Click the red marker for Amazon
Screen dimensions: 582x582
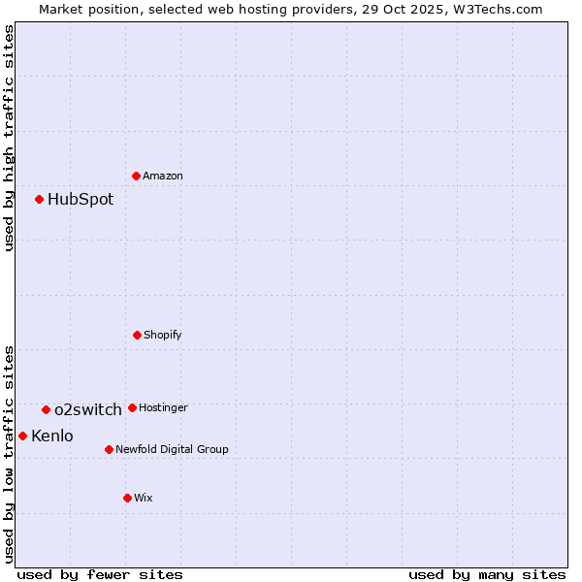click(137, 176)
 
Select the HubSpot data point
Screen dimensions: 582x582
click(40, 199)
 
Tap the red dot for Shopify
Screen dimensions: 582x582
click(137, 335)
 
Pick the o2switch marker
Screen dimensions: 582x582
click(46, 409)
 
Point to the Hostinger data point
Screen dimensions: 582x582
click(132, 407)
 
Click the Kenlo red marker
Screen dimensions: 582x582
click(22, 436)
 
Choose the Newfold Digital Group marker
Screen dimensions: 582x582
click(109, 449)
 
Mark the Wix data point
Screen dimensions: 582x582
click(127, 498)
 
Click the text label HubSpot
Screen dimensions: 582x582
click(81, 199)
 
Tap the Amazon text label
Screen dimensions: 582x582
click(163, 176)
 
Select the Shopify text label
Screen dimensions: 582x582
click(163, 335)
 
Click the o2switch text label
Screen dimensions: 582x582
click(88, 409)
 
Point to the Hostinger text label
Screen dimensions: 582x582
click(163, 407)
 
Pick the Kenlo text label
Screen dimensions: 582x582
click(52, 436)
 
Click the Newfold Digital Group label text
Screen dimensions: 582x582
click(172, 449)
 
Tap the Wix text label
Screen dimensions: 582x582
click(144, 498)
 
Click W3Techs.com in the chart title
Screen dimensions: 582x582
click(500, 9)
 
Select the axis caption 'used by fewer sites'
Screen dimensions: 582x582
click(100, 574)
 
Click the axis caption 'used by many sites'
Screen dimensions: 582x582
click(487, 574)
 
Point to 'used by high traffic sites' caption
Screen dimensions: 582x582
click(9, 138)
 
